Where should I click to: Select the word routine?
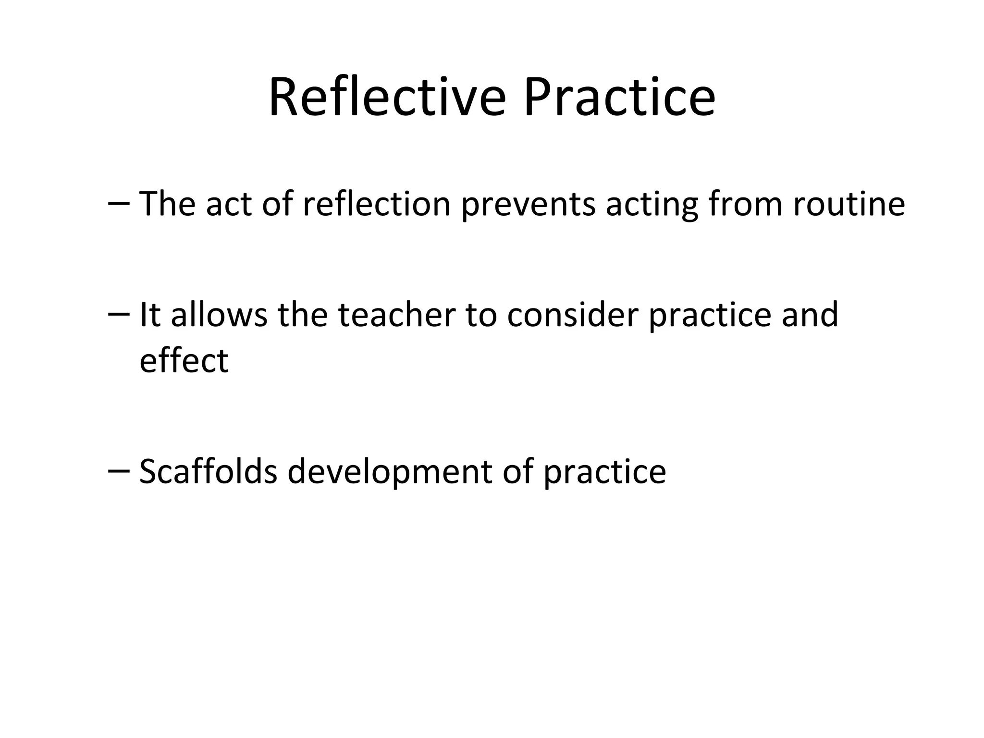click(849, 204)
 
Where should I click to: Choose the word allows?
click(219, 315)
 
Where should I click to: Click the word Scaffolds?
click(208, 471)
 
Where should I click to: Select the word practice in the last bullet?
click(605, 472)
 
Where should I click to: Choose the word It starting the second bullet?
click(149, 315)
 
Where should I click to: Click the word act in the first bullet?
click(229, 204)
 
